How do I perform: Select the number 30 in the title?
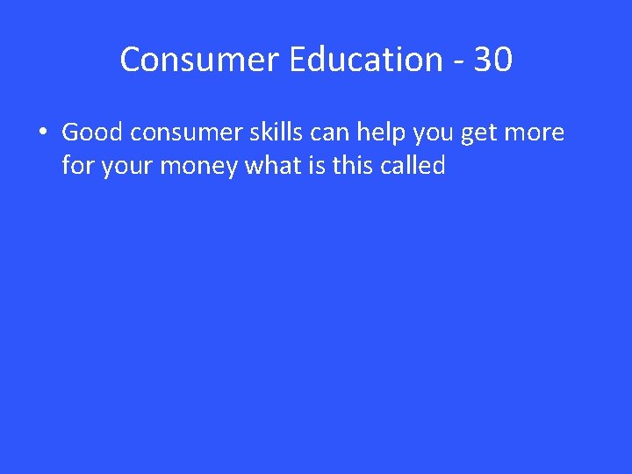pos(492,60)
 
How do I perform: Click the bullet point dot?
pos(42,134)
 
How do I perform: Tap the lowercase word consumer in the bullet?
pos(173,133)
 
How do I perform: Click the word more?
pos(534,133)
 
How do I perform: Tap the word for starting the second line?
pos(77,165)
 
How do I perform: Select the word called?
pos(413,165)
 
